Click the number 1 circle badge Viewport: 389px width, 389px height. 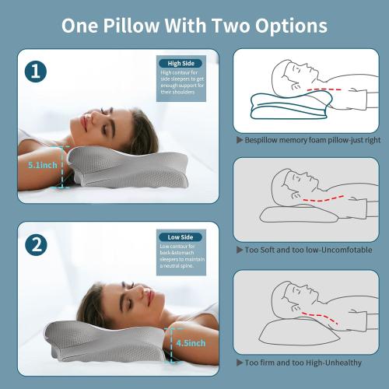34,72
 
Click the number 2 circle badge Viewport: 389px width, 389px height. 34,245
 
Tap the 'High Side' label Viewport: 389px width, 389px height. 180,63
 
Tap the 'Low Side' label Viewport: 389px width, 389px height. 180,237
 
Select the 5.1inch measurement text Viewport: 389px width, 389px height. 37,165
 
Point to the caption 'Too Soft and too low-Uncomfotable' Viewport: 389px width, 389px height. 308,250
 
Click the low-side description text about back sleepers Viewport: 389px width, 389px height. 180,258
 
